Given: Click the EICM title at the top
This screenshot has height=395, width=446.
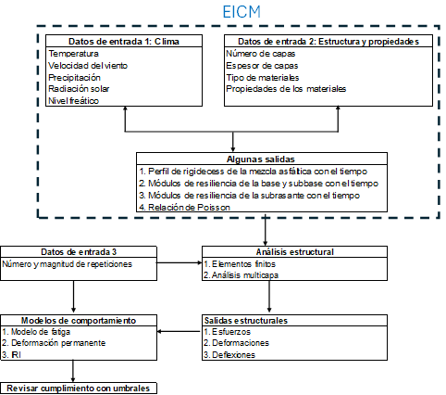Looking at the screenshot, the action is click(242, 12).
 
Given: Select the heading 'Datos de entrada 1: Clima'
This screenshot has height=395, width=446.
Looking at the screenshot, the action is click(124, 42).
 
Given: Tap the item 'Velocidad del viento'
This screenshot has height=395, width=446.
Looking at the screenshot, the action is click(88, 66).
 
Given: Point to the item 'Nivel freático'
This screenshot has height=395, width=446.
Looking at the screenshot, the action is click(73, 101).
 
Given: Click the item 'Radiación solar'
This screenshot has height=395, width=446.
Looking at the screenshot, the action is click(79, 89).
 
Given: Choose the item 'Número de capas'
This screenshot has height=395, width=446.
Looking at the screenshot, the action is click(261, 54).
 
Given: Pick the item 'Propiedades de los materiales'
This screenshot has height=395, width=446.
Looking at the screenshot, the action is click(286, 89).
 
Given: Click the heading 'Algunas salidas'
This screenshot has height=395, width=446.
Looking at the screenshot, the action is click(261, 159).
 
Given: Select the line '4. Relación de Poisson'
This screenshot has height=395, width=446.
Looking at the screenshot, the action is click(184, 207).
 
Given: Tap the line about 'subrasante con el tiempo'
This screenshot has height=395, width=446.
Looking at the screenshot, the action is click(249, 196).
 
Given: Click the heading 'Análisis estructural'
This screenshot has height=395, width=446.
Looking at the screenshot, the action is click(295, 252).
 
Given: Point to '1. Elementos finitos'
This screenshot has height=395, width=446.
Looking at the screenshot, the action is click(240, 264).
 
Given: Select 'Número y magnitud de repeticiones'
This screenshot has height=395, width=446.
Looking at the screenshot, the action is click(67, 264).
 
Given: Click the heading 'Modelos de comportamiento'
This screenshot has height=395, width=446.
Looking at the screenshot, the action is click(79, 321).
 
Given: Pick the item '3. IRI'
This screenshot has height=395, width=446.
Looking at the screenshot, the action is click(11, 355).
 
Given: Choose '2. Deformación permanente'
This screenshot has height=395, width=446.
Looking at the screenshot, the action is click(54, 343).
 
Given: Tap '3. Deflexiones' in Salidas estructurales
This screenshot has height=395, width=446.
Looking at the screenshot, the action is click(229, 355).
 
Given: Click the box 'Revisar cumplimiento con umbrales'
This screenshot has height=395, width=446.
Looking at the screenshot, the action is click(79, 389).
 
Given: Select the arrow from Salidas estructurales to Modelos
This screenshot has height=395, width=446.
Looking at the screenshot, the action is click(180, 332).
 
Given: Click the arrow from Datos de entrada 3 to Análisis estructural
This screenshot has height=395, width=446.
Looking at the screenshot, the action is click(180, 262).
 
